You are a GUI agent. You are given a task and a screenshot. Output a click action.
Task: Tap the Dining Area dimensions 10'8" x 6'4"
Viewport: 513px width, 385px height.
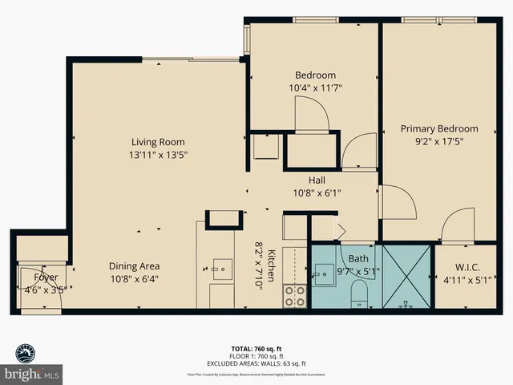(x=134, y=279)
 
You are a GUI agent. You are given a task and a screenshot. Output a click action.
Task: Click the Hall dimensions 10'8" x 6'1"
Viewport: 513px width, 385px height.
(x=316, y=192)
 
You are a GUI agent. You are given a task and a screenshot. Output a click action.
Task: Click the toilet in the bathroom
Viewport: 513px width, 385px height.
(x=358, y=290)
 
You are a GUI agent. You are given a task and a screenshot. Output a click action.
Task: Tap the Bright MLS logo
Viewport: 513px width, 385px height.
(x=32, y=366)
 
